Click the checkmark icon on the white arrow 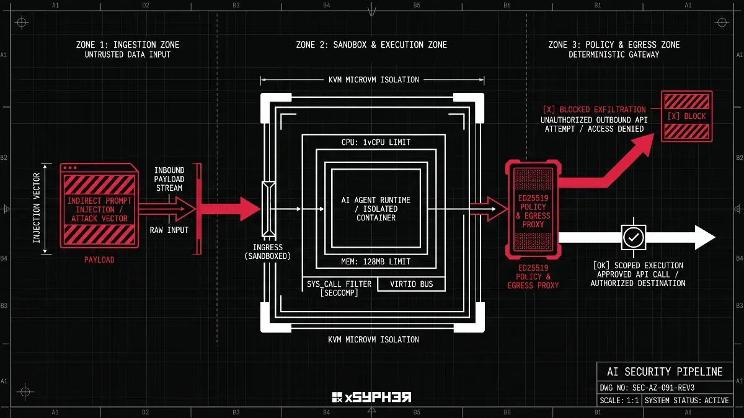[x=634, y=237]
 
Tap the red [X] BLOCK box [x=686, y=116]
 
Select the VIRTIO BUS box [x=411, y=284]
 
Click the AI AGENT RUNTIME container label [x=376, y=209]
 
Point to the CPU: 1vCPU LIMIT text [x=376, y=142]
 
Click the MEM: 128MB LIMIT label [x=376, y=262]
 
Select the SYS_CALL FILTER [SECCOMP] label [x=339, y=289]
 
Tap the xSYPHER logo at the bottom [x=371, y=397]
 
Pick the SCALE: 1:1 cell [x=619, y=401]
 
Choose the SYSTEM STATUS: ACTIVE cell [x=686, y=401]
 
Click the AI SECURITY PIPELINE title [x=665, y=372]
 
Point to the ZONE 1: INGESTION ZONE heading [x=128, y=45]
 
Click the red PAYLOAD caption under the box [x=99, y=259]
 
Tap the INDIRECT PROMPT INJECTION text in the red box [x=99, y=206]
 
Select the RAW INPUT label [x=169, y=230]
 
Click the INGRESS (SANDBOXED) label [x=268, y=252]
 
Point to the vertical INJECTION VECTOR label [x=37, y=208]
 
